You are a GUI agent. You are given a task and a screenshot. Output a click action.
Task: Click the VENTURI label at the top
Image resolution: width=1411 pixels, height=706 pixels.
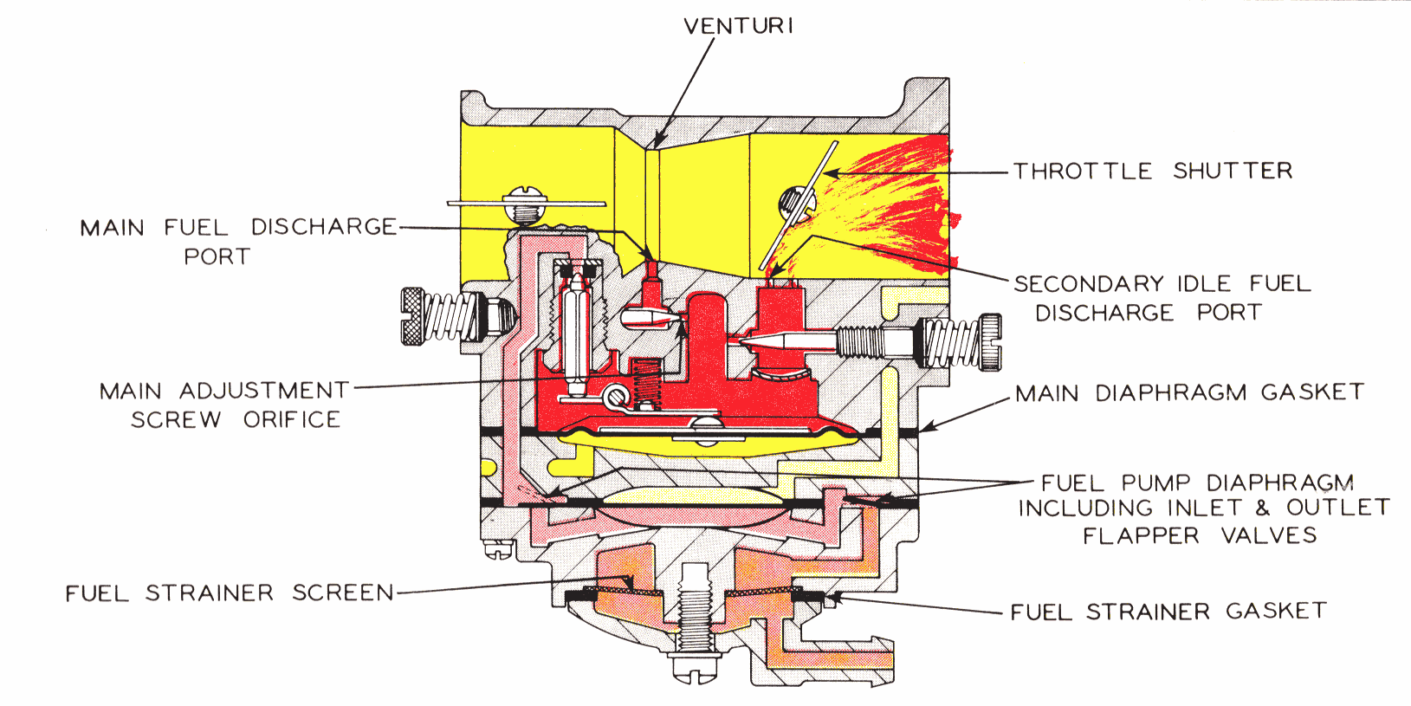point(738,26)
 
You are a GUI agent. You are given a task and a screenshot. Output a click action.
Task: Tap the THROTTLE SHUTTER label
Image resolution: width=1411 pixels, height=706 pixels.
point(1153,171)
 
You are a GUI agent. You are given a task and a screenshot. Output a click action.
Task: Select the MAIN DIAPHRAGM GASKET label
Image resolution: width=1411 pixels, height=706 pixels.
point(1189,392)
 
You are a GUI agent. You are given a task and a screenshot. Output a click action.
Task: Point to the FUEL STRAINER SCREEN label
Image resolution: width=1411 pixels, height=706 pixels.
point(230,593)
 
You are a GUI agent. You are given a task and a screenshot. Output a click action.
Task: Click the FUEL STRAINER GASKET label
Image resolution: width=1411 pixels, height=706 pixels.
point(1168,612)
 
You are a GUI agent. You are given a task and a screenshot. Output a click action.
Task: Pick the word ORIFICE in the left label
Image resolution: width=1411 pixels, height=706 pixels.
point(292,420)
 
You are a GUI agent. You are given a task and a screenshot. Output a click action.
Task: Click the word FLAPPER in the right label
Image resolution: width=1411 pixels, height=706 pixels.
point(1141,536)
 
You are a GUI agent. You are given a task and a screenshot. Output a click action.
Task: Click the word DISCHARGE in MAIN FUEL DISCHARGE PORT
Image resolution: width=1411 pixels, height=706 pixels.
point(323,227)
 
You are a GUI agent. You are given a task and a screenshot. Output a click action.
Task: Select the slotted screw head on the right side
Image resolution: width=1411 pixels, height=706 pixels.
point(990,342)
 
